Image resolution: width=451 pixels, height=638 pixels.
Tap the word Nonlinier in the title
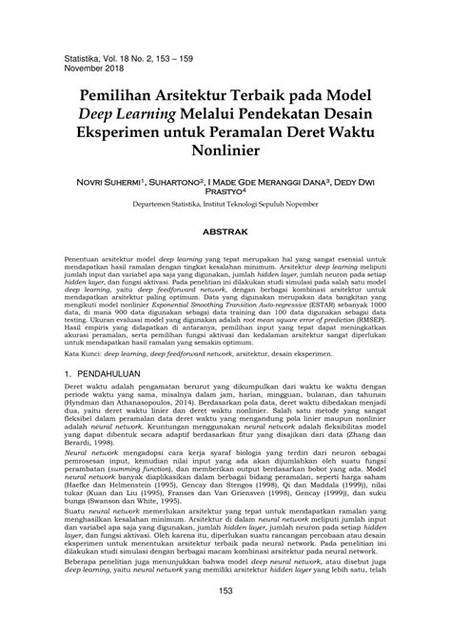coord(225,150)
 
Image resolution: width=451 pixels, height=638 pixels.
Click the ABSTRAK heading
coord(225,258)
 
